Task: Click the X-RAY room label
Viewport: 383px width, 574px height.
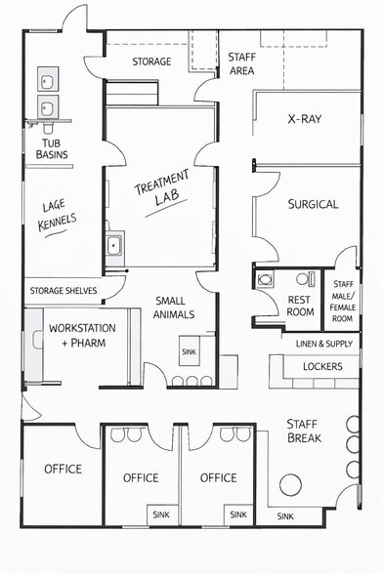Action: (x=305, y=119)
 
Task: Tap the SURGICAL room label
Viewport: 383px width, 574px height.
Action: (x=313, y=204)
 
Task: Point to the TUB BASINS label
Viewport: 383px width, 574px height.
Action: (x=52, y=148)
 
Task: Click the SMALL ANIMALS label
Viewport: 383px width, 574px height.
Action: (x=174, y=307)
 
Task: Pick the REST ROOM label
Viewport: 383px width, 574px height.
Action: (x=300, y=306)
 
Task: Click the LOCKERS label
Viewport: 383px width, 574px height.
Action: (x=322, y=365)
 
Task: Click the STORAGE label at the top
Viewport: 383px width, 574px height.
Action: (x=151, y=61)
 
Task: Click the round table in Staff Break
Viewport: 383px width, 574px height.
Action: (x=290, y=483)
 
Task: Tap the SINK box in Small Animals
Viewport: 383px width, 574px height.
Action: (x=189, y=350)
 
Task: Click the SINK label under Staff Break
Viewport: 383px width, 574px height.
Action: (x=285, y=515)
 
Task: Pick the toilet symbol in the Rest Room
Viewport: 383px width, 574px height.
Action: (x=266, y=279)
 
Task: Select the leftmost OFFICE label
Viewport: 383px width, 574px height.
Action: (x=63, y=469)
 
